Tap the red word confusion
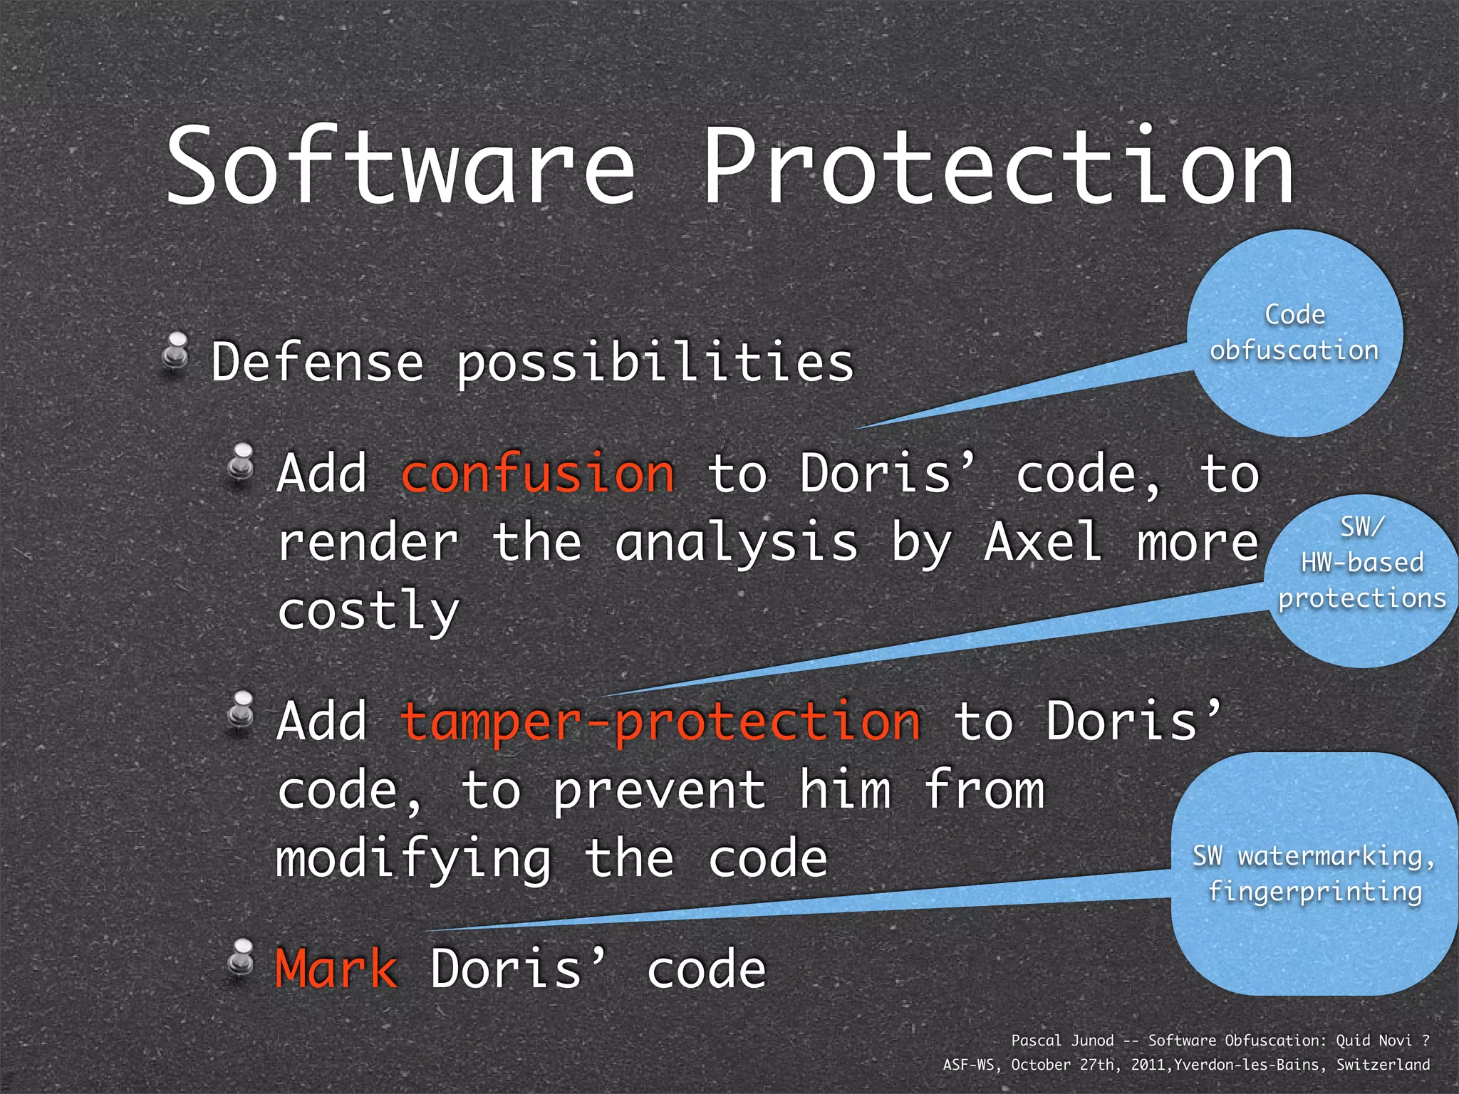[x=538, y=474]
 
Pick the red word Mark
[x=336, y=969]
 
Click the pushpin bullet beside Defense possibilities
[x=175, y=352]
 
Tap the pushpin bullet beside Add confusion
[x=242, y=464]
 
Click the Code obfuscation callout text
[x=1294, y=333]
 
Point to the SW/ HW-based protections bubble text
[x=1361, y=563]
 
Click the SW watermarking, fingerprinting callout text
[x=1314, y=873]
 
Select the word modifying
[x=413, y=860]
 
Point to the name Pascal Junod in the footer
[x=1061, y=1041]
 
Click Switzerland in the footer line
[x=1382, y=1065]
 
